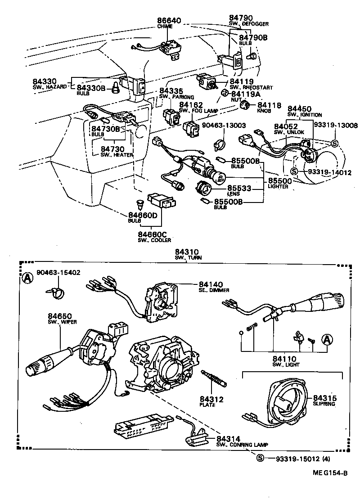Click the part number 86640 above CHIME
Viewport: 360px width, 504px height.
[169, 21]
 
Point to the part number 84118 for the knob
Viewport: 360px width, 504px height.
[269, 105]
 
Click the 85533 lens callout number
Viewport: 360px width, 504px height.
[239, 188]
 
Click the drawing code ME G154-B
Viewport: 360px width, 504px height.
[327, 472]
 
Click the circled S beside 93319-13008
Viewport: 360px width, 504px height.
[334, 144]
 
